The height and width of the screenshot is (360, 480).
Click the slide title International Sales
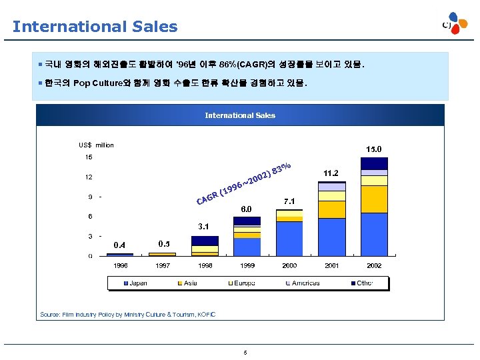tap(95, 27)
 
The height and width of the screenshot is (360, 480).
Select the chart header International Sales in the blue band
tap(240, 115)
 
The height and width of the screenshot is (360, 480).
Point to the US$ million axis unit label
tap(96, 145)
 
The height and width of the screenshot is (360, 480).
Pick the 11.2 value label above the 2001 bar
tap(331, 173)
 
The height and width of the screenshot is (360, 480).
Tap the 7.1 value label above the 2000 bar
tap(289, 201)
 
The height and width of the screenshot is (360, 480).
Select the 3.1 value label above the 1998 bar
tap(204, 227)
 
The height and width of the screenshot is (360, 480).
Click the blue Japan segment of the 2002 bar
tap(374, 234)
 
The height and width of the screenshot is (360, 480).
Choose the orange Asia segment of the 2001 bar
tap(331, 209)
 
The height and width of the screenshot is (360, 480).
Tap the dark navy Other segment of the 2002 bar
tap(374, 163)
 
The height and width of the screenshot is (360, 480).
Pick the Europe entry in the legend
tap(243, 283)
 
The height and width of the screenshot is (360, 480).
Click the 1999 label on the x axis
tap(247, 265)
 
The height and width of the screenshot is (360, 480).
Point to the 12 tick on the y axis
tap(88, 177)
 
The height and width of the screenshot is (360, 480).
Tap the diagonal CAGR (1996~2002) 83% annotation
tap(244, 183)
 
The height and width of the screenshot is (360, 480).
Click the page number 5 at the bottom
tap(245, 353)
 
